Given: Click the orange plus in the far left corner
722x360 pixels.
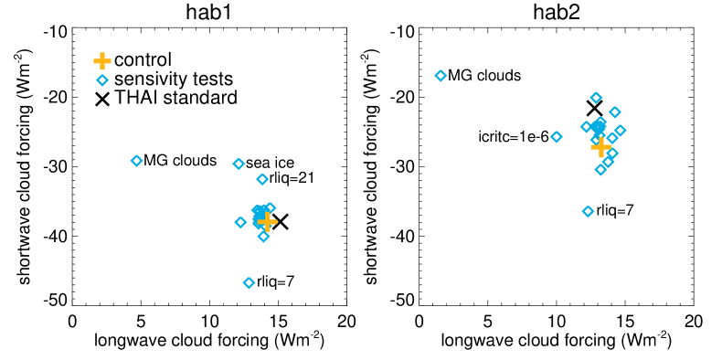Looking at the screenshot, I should [102, 61].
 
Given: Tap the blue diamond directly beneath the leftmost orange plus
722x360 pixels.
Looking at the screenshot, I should [102, 80].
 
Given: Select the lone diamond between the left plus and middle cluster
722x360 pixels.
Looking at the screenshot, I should [136, 161].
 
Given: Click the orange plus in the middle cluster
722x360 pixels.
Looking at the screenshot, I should [267, 221].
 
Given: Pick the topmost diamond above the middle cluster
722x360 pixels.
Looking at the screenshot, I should [239, 164].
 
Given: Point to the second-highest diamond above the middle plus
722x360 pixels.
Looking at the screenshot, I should [262, 179].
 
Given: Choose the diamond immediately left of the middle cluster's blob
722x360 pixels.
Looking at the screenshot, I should [240, 222].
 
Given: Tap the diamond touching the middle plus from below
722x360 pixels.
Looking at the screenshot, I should [263, 237].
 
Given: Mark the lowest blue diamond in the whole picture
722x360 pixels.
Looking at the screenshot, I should [249, 283].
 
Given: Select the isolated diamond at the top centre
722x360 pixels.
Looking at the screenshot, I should [441, 76].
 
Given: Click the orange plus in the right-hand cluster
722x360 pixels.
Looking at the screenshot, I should [600, 146].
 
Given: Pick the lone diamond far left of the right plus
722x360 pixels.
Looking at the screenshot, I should [557, 137].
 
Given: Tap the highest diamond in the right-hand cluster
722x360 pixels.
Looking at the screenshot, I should [596, 98].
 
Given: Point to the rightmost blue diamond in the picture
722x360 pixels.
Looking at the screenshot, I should [621, 131].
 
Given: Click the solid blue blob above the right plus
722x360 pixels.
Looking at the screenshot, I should [598, 125].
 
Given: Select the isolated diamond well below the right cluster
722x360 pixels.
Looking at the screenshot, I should [588, 211].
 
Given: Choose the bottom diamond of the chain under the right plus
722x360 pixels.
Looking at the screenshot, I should [600, 170].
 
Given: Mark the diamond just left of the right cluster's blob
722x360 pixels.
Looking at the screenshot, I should [586, 127].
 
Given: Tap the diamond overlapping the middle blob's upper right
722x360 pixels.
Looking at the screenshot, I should [270, 207].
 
